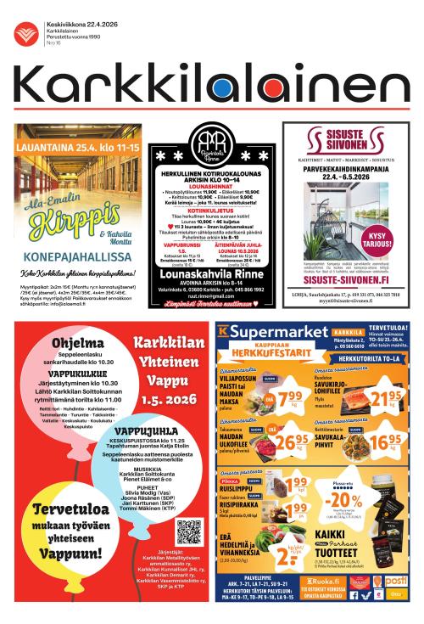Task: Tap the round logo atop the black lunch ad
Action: pos(210,145)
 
